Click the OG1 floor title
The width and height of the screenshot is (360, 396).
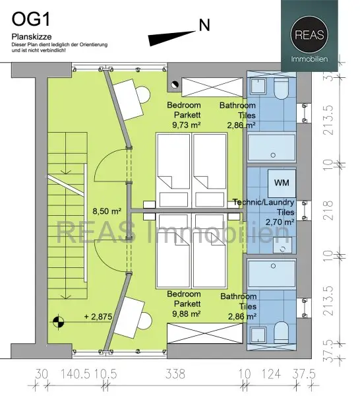31,19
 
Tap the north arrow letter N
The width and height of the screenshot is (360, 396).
204,25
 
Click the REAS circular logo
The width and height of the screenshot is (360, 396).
309,35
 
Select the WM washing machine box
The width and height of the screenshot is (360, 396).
282,183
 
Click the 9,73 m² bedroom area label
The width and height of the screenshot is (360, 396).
187,125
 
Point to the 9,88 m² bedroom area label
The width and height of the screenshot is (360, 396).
187,313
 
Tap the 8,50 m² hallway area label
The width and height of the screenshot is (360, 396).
107,211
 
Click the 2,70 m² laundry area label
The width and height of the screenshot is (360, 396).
280,222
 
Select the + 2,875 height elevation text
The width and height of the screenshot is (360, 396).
98,316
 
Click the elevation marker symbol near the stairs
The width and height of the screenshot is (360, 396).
59,322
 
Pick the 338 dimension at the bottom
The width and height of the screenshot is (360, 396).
175,374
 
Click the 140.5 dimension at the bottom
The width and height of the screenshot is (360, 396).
75,374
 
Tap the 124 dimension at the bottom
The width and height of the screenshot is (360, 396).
271,374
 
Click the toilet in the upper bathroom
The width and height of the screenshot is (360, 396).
281,88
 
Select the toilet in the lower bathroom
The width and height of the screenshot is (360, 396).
281,332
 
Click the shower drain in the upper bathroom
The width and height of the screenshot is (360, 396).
273,155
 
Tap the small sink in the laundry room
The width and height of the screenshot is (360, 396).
283,246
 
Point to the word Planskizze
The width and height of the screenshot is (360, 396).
32,37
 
